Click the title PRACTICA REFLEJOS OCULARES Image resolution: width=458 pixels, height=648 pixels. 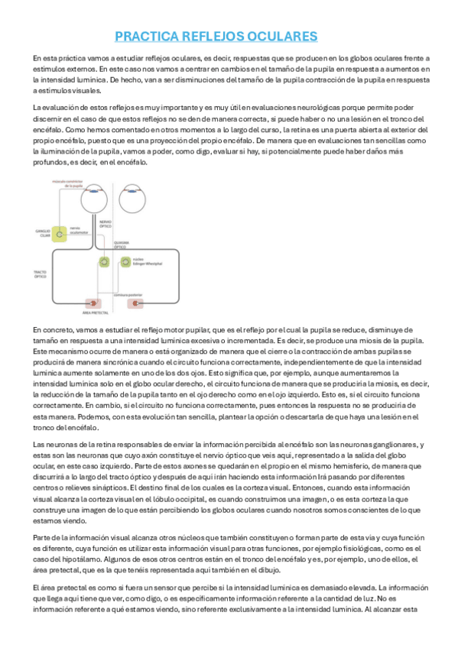click(216, 37)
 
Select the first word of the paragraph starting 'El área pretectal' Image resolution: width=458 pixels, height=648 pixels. click(35, 586)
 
